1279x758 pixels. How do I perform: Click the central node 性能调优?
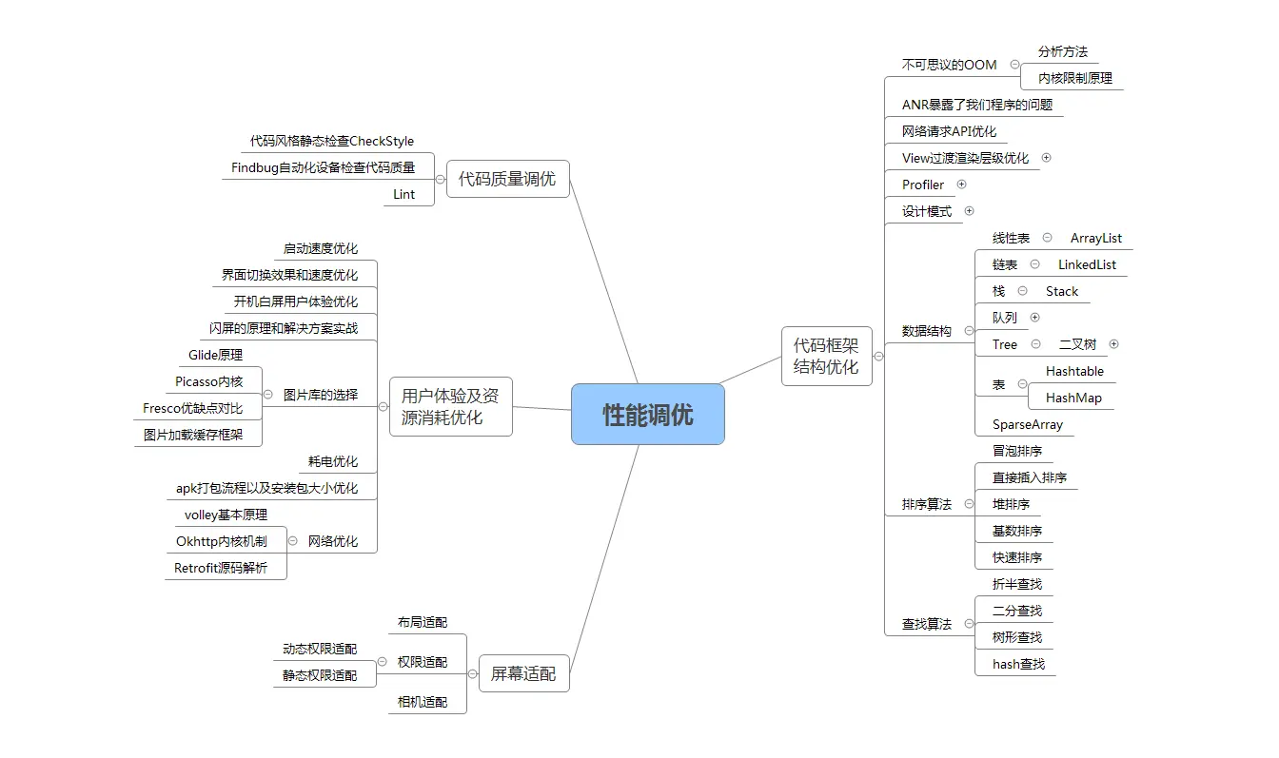pos(647,414)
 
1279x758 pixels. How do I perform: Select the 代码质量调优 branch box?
pos(507,179)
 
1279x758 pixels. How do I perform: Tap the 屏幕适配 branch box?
pos(523,673)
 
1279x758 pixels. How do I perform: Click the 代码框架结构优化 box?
pos(826,357)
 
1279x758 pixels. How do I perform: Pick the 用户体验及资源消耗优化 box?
pos(450,406)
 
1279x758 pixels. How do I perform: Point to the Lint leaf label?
pos(404,194)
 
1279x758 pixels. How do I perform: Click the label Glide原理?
pos(215,355)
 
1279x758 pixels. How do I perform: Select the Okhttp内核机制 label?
pos(221,541)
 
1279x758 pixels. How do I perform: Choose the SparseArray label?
pos(1028,424)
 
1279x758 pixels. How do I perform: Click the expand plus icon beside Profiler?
pos(961,185)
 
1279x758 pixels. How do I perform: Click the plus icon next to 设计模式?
pos(969,211)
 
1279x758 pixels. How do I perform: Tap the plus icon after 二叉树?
pos(1113,344)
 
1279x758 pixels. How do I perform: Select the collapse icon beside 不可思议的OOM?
pos(1013,65)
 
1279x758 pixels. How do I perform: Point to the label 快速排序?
pos(1017,557)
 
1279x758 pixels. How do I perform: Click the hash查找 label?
pos(1018,664)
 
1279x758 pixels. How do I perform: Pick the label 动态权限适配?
pos(320,649)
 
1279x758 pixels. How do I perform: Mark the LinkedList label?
pos(1087,264)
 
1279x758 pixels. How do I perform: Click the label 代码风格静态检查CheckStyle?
pos(332,141)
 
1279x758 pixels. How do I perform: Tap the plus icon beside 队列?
pos(1034,318)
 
